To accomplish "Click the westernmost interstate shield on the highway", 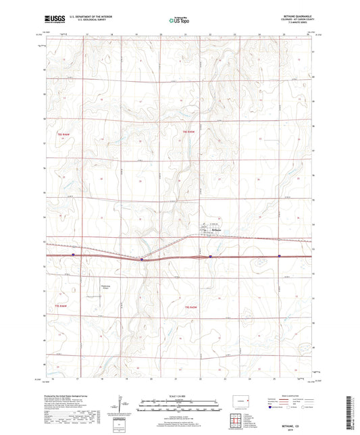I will coord(73,255).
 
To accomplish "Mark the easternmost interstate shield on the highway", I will coord(279,255).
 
